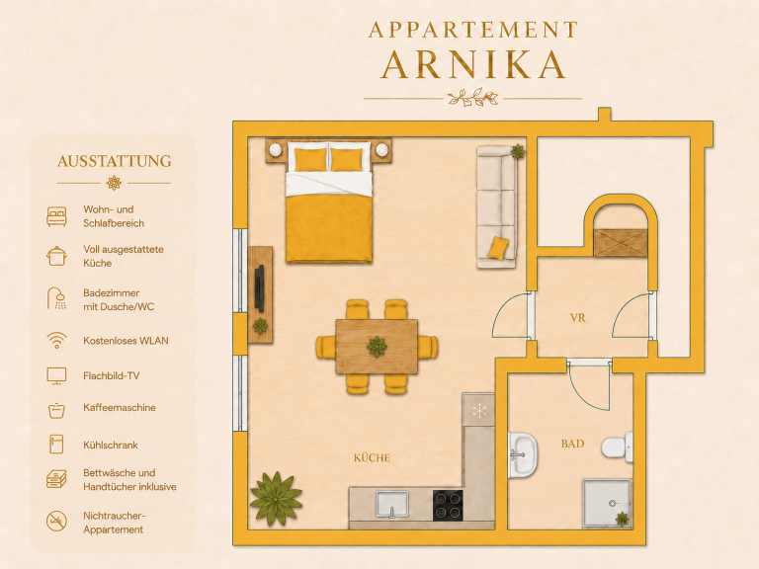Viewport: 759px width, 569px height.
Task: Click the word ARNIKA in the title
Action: pyautogui.click(x=473, y=64)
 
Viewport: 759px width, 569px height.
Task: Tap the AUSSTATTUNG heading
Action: pyautogui.click(x=115, y=161)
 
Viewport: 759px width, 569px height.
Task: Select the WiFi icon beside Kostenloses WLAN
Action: pyautogui.click(x=56, y=340)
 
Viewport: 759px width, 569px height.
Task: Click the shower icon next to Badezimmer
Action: pyautogui.click(x=56, y=298)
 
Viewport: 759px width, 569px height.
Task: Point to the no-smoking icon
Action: pyautogui.click(x=56, y=522)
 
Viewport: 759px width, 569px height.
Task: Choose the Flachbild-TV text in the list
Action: pyautogui.click(x=112, y=375)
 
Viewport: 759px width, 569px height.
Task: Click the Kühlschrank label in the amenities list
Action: pyautogui.click(x=111, y=445)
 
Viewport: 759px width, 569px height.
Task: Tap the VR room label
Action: pyautogui.click(x=577, y=318)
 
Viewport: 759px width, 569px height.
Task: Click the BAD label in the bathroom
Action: pyautogui.click(x=572, y=444)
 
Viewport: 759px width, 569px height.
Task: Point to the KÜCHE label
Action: pyautogui.click(x=372, y=457)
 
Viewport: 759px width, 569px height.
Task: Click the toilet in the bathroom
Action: pyautogui.click(x=617, y=447)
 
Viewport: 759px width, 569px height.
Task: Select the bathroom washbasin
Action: pyautogui.click(x=523, y=454)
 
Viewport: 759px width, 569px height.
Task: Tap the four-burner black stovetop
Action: pyautogui.click(x=448, y=505)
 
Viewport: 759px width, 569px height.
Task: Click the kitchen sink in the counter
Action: pyautogui.click(x=392, y=504)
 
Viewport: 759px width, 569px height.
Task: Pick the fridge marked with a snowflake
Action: pyautogui.click(x=478, y=409)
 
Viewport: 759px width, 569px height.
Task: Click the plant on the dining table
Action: pyautogui.click(x=377, y=347)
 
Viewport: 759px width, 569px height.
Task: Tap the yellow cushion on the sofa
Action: pyautogui.click(x=498, y=248)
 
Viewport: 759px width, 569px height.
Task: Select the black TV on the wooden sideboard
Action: pyautogui.click(x=260, y=288)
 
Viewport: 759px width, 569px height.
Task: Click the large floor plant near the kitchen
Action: pyautogui.click(x=276, y=498)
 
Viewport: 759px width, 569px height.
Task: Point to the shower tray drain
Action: pyautogui.click(x=612, y=503)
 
